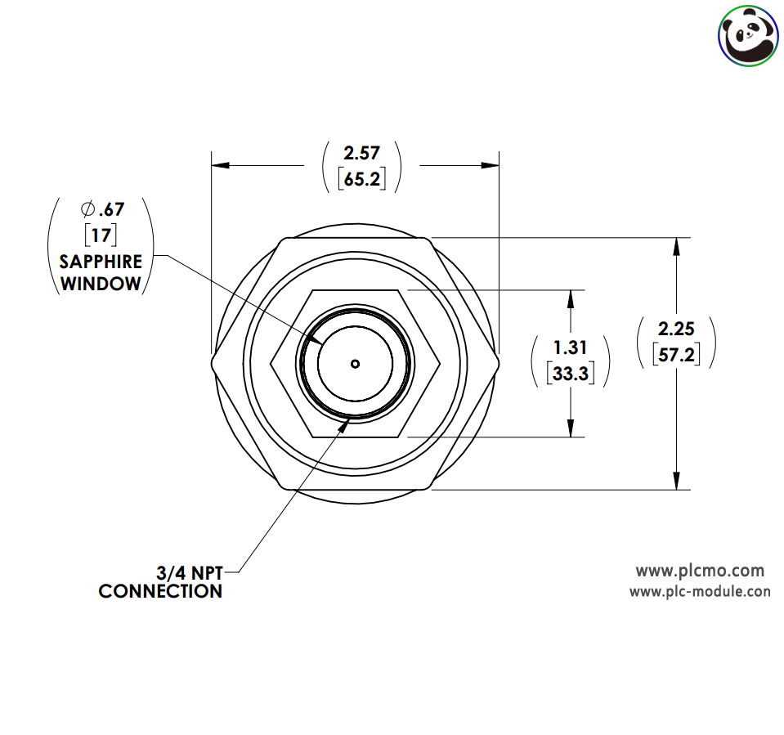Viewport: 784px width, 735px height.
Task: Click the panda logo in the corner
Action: tap(748, 36)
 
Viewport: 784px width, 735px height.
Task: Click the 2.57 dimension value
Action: tap(361, 153)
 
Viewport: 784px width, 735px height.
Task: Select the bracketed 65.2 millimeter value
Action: tap(362, 179)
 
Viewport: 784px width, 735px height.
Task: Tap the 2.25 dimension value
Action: tap(676, 329)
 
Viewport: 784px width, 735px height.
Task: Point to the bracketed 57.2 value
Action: tap(676, 355)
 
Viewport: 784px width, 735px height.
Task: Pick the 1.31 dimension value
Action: tap(570, 347)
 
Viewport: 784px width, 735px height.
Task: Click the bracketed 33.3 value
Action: tap(571, 374)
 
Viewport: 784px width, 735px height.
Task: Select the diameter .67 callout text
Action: tap(102, 209)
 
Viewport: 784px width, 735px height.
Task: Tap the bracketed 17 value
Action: tap(101, 235)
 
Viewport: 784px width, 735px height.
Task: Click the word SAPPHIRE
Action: tap(101, 262)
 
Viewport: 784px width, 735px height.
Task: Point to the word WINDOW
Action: tap(101, 284)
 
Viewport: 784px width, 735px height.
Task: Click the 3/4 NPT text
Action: tap(190, 572)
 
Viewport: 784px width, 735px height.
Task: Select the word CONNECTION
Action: tap(160, 591)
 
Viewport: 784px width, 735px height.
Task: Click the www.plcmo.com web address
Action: tap(700, 571)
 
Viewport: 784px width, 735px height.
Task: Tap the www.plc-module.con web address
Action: tap(700, 591)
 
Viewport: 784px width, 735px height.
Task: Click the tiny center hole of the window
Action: tap(355, 364)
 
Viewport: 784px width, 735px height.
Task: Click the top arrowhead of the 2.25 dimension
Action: tap(677, 247)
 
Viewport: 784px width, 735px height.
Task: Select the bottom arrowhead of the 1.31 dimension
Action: tap(571, 428)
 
